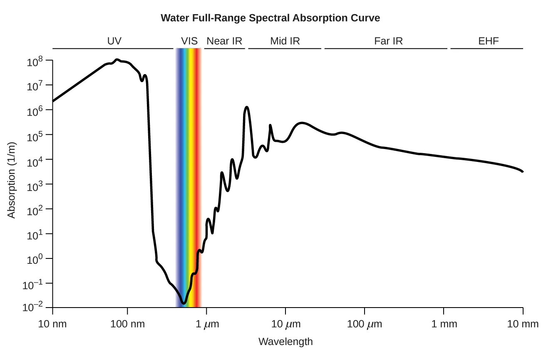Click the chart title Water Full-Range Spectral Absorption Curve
[x=270, y=18]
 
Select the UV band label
[x=114, y=41]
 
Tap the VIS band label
[x=189, y=41]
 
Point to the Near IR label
[x=224, y=41]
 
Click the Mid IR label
[x=285, y=41]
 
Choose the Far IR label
[x=388, y=41]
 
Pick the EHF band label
[x=488, y=41]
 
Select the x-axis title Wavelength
[x=285, y=342]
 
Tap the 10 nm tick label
[x=52, y=324]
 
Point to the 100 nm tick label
[x=127, y=324]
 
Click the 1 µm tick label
[x=206, y=324]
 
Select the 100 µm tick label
[x=365, y=324]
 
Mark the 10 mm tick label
[x=523, y=324]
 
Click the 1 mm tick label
[x=444, y=324]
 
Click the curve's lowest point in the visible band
[x=184, y=303]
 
